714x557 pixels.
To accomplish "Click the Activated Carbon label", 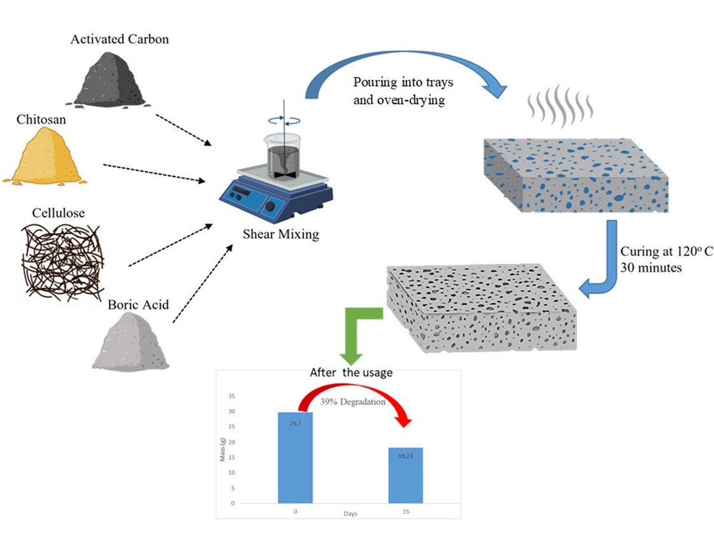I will pos(120,39).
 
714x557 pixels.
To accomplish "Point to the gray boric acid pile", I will pos(131,343).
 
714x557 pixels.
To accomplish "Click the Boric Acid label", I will pos(138,305).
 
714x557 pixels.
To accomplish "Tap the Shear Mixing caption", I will pos(281,234).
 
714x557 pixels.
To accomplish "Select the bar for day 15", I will pos(405,475).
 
